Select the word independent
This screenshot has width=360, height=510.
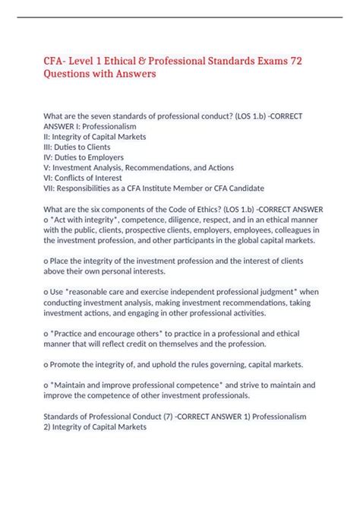coord(176,291)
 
